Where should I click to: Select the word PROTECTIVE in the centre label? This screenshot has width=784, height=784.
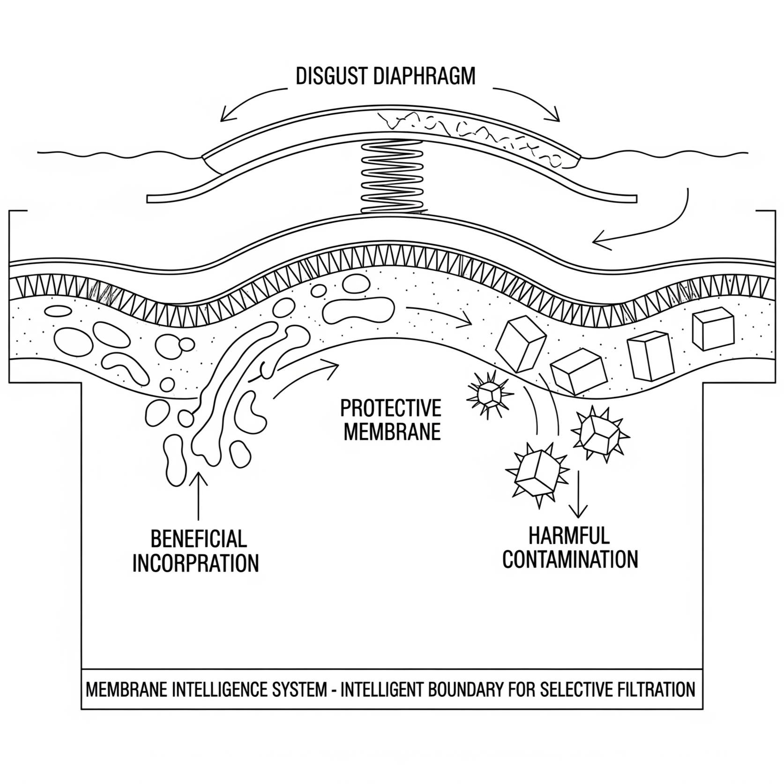[390, 408]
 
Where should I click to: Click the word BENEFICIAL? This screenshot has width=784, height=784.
[198, 539]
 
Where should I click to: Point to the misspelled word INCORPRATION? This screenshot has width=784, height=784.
[195, 563]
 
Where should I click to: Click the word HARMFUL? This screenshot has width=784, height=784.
[569, 536]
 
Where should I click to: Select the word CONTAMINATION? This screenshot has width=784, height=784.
[570, 560]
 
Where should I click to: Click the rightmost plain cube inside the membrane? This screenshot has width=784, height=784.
[713, 330]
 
